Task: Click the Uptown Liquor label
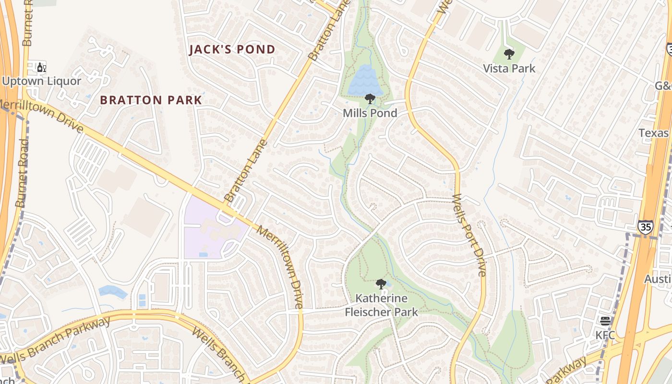tap(42, 81)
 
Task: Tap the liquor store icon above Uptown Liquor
tap(42, 68)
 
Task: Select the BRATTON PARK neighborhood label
tap(151, 100)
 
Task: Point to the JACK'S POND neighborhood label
tap(232, 49)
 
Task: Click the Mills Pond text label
tap(370, 113)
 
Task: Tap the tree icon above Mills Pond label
tap(370, 99)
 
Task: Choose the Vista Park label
tap(509, 68)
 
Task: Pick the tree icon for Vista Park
tap(509, 54)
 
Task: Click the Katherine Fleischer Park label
tap(382, 305)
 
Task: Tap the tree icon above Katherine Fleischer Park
tap(381, 284)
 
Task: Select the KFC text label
tap(605, 335)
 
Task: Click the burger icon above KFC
tap(605, 321)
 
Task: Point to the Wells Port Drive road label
tap(469, 235)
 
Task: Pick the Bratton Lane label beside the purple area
tap(245, 170)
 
